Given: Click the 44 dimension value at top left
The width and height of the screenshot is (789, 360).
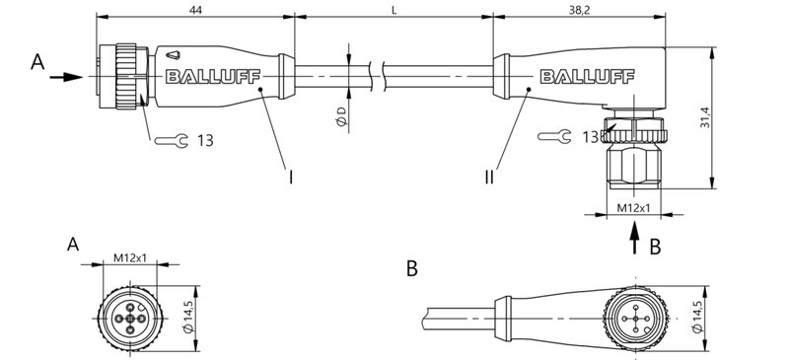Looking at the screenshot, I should pyautogui.click(x=195, y=8).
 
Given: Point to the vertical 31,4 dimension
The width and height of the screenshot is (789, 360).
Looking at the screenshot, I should pyautogui.click(x=726, y=118).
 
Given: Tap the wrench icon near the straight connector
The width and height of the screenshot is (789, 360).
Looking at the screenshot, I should pyautogui.click(x=171, y=141).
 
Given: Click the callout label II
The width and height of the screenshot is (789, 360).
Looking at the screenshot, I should pyautogui.click(x=489, y=178).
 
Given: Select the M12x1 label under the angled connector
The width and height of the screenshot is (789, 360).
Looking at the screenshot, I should pyautogui.click(x=632, y=208).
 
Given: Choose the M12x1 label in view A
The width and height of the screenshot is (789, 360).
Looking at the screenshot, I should pyautogui.click(x=130, y=257).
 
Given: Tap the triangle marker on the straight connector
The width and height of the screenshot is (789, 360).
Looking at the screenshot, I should pyautogui.click(x=174, y=55).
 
